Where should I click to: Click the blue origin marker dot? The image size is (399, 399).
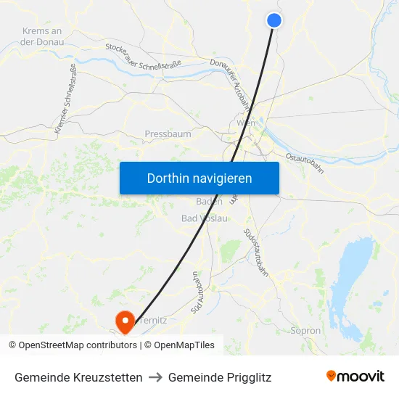274,20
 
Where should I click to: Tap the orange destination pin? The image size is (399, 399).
125,320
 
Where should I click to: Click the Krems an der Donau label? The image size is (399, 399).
43,36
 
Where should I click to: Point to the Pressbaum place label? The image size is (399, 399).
168,134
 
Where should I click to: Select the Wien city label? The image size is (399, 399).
246,124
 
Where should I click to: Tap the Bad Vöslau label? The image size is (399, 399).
204,218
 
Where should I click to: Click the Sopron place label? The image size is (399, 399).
305,331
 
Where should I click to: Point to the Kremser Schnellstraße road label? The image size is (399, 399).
66,99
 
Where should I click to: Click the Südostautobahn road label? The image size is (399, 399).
257,252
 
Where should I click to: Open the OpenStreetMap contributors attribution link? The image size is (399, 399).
77,345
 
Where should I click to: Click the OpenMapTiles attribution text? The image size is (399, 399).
184,345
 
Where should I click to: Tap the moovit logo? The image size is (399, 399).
355,376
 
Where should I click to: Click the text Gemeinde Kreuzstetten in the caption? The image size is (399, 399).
78,377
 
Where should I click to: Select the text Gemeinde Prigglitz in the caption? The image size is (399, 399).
220,377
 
